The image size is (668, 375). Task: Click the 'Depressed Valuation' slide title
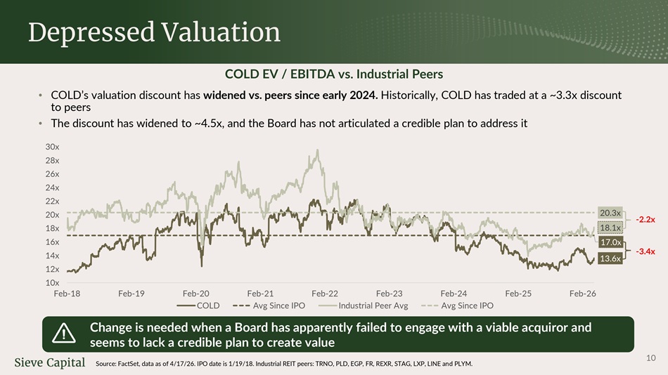tap(154, 32)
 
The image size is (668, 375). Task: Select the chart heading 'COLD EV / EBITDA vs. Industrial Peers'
tap(334, 74)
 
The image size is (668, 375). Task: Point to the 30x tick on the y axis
tap(53, 147)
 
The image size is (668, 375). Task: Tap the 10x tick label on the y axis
tap(53, 282)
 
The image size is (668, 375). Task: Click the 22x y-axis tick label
tap(53, 202)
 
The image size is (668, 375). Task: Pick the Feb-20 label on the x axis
tap(196, 294)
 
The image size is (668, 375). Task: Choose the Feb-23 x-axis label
tap(390, 294)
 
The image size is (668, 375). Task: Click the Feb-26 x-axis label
tap(583, 294)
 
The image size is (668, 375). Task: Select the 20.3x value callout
tap(610, 213)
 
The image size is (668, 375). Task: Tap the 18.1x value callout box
tap(610, 228)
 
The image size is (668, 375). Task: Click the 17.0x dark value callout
tap(610, 242)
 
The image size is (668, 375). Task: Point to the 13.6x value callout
tap(610, 258)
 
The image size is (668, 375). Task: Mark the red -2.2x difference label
tap(645, 220)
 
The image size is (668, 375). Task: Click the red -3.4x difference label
tap(645, 251)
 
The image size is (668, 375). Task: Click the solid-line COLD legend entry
tap(198, 305)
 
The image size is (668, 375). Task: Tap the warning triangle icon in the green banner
tap(64, 334)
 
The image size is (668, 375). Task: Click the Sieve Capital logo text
tap(50, 362)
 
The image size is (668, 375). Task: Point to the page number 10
tap(651, 358)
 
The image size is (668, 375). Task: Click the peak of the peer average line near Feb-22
tap(317, 150)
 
